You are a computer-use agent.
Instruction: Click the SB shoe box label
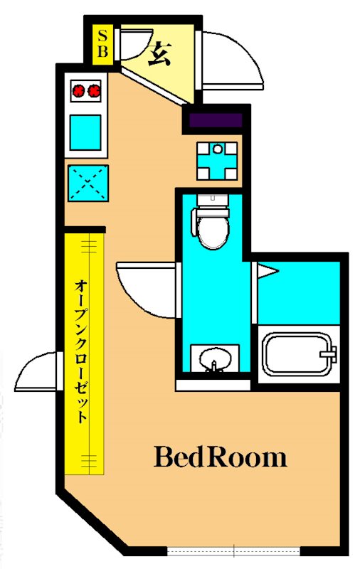pos(102,42)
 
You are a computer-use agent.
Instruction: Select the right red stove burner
pos(93,90)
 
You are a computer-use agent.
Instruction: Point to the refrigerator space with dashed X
pos(88,183)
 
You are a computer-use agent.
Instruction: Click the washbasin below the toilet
pos(212,358)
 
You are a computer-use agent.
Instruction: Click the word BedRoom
pos(221,457)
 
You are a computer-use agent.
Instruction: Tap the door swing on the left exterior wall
pos(36,370)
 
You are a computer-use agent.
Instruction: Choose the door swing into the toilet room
pos(146,288)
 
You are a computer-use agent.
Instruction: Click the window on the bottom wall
pos(234,551)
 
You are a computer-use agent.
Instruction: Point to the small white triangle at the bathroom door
pos(265,270)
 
